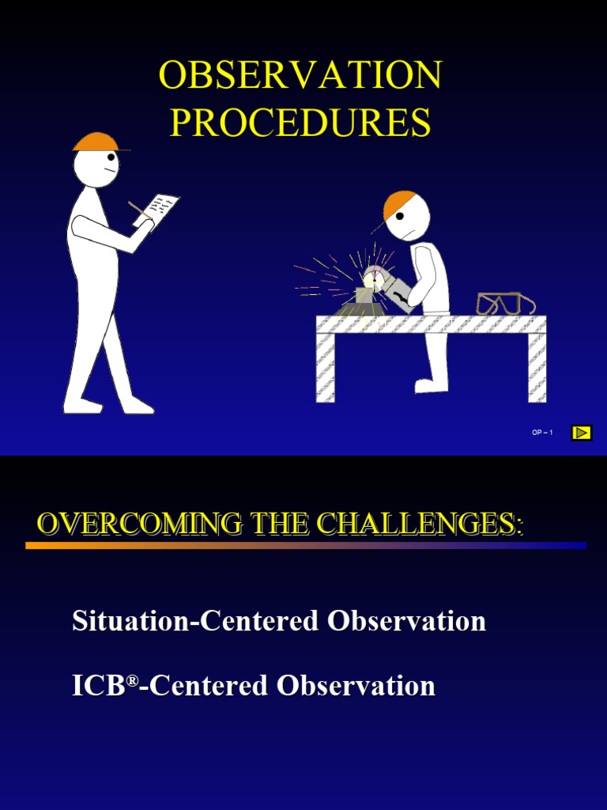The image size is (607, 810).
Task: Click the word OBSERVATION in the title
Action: tap(300, 76)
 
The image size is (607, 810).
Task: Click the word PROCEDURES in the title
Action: tap(300, 123)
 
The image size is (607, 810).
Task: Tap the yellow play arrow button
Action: tap(582, 433)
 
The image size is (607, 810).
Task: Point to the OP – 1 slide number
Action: tap(542, 433)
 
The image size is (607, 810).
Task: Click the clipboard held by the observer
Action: tap(162, 208)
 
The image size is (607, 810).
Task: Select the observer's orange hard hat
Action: tap(96, 142)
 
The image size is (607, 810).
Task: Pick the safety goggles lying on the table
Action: tap(504, 304)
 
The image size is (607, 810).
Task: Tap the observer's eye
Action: tap(111, 157)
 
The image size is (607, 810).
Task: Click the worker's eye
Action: tap(400, 216)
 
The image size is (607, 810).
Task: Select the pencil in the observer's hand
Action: tap(139, 210)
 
